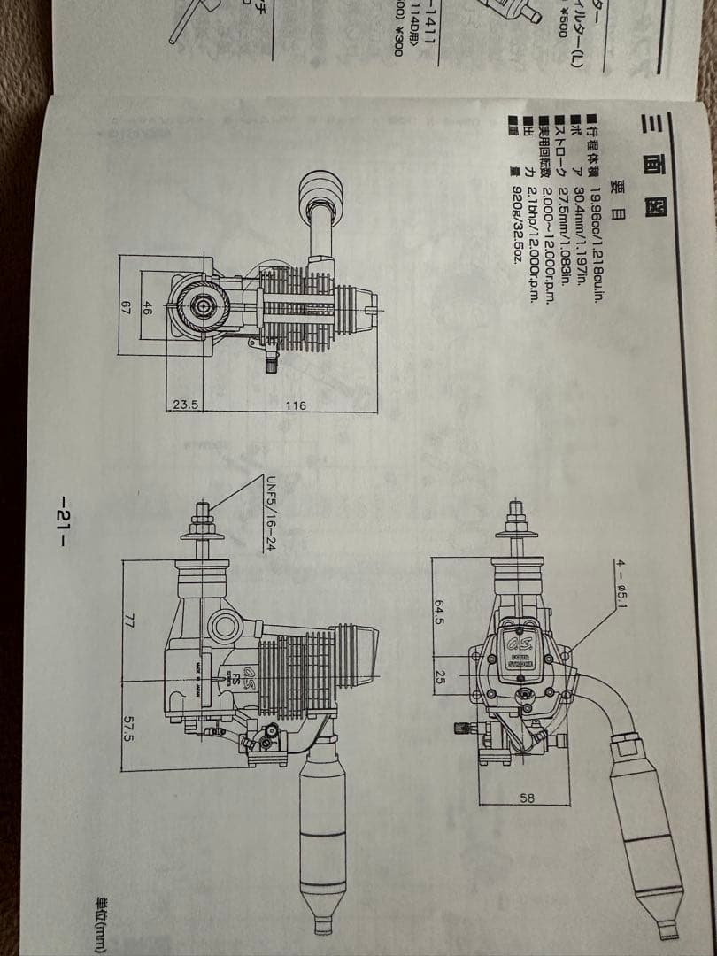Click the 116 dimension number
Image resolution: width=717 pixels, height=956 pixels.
(295, 405)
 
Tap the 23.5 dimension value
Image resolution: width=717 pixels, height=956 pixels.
(184, 405)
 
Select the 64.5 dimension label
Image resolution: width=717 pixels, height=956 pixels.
(438, 610)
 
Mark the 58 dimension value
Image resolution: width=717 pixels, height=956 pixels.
(527, 798)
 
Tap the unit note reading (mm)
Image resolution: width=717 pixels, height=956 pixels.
(695, 912)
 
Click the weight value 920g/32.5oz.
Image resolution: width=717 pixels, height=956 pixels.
(518, 227)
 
